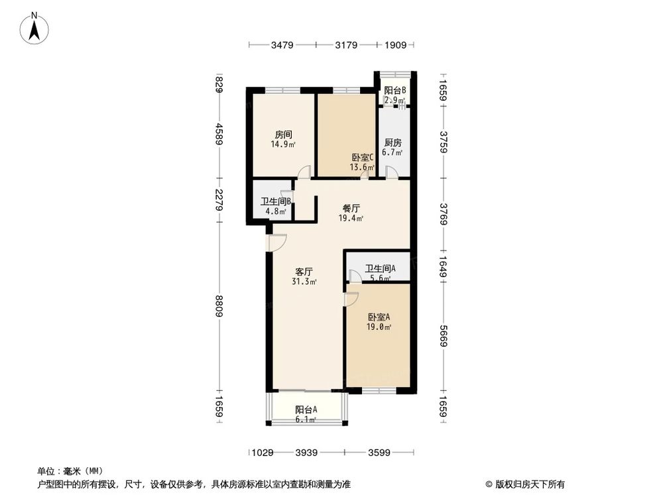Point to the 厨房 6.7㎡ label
coord(394,147)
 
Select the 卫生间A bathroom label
coord(380,273)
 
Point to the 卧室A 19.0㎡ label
coord(379,321)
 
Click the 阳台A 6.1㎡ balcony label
coord(306,414)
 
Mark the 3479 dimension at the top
coord(282,45)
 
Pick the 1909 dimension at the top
coord(396,45)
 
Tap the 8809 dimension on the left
coord(219,308)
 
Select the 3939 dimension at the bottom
coord(307,453)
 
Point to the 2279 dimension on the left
coord(219,201)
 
